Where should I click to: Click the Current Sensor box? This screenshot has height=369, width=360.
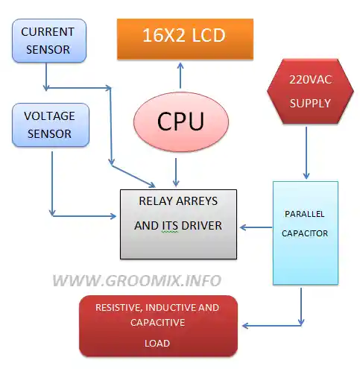(49, 40)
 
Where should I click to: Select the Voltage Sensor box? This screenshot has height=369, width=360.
(51, 124)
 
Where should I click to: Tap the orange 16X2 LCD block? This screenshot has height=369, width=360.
(185, 39)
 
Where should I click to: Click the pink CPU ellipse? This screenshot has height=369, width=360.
(181, 122)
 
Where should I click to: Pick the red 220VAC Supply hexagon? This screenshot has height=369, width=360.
(310, 91)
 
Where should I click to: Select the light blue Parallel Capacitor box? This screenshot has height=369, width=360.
(306, 233)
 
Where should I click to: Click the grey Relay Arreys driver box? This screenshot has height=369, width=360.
(178, 224)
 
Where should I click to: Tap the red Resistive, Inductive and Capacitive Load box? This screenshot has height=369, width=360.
(158, 326)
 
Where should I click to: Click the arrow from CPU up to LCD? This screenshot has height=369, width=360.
(180, 75)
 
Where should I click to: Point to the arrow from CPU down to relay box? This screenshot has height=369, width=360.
(176, 172)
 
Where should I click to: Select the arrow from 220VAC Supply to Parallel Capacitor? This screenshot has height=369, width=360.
(306, 153)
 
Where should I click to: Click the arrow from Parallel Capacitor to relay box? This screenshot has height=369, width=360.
(256, 227)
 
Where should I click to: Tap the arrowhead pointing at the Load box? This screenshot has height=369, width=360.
(245, 326)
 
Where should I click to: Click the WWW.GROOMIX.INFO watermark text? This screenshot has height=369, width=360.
(137, 281)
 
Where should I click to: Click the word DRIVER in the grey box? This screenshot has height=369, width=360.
(201, 226)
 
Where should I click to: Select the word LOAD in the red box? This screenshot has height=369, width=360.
(157, 344)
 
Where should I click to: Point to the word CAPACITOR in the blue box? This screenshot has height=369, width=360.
(305, 233)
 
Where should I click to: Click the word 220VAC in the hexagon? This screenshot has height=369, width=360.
(311, 80)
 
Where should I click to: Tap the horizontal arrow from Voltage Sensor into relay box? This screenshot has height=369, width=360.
(84, 216)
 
